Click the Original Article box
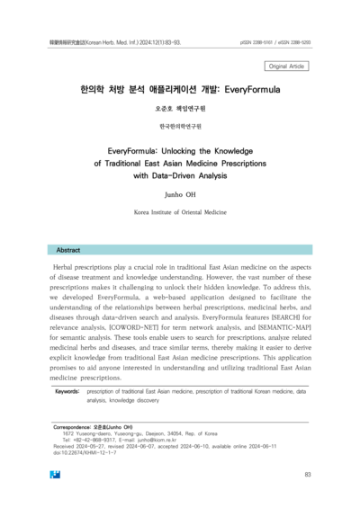pos(286,66)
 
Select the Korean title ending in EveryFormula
pos(179,91)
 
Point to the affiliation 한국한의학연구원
pos(179,127)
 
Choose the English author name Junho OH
pos(179,193)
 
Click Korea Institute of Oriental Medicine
pos(179,211)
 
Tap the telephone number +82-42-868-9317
pos(98,439)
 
